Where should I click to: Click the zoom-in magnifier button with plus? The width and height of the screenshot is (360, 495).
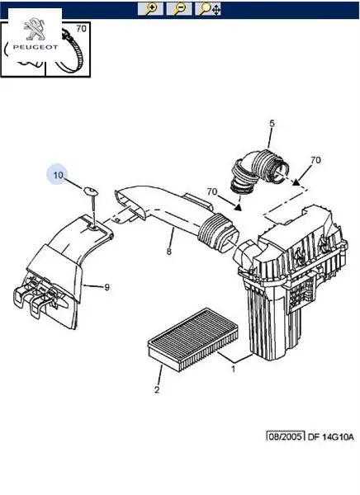click(150, 8)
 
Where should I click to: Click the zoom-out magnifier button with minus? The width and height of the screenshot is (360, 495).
click(179, 8)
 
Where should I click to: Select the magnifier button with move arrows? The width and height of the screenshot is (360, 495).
click(207, 8)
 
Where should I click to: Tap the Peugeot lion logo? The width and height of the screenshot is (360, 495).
click(35, 29)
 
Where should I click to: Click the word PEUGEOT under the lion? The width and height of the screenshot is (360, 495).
click(36, 47)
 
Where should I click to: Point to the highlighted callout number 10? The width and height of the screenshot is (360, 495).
click(58, 175)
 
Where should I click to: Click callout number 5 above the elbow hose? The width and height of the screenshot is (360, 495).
click(272, 124)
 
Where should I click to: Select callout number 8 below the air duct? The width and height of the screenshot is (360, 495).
click(169, 252)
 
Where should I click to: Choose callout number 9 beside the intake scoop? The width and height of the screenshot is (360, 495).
click(107, 287)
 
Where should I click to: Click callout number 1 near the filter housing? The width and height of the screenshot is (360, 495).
click(234, 369)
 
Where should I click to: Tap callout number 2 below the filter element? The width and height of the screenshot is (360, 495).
click(157, 390)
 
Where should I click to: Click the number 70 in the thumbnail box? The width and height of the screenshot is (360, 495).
click(81, 28)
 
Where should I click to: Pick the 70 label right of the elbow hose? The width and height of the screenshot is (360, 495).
click(315, 160)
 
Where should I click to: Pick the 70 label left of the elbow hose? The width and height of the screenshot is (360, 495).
click(212, 191)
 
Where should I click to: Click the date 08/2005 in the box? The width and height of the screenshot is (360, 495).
click(286, 436)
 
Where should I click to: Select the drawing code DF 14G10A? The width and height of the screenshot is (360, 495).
click(330, 437)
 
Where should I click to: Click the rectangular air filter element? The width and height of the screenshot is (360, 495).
click(192, 340)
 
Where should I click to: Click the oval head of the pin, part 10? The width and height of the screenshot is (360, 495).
click(90, 191)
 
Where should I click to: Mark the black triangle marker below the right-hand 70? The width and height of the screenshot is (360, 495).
click(296, 182)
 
